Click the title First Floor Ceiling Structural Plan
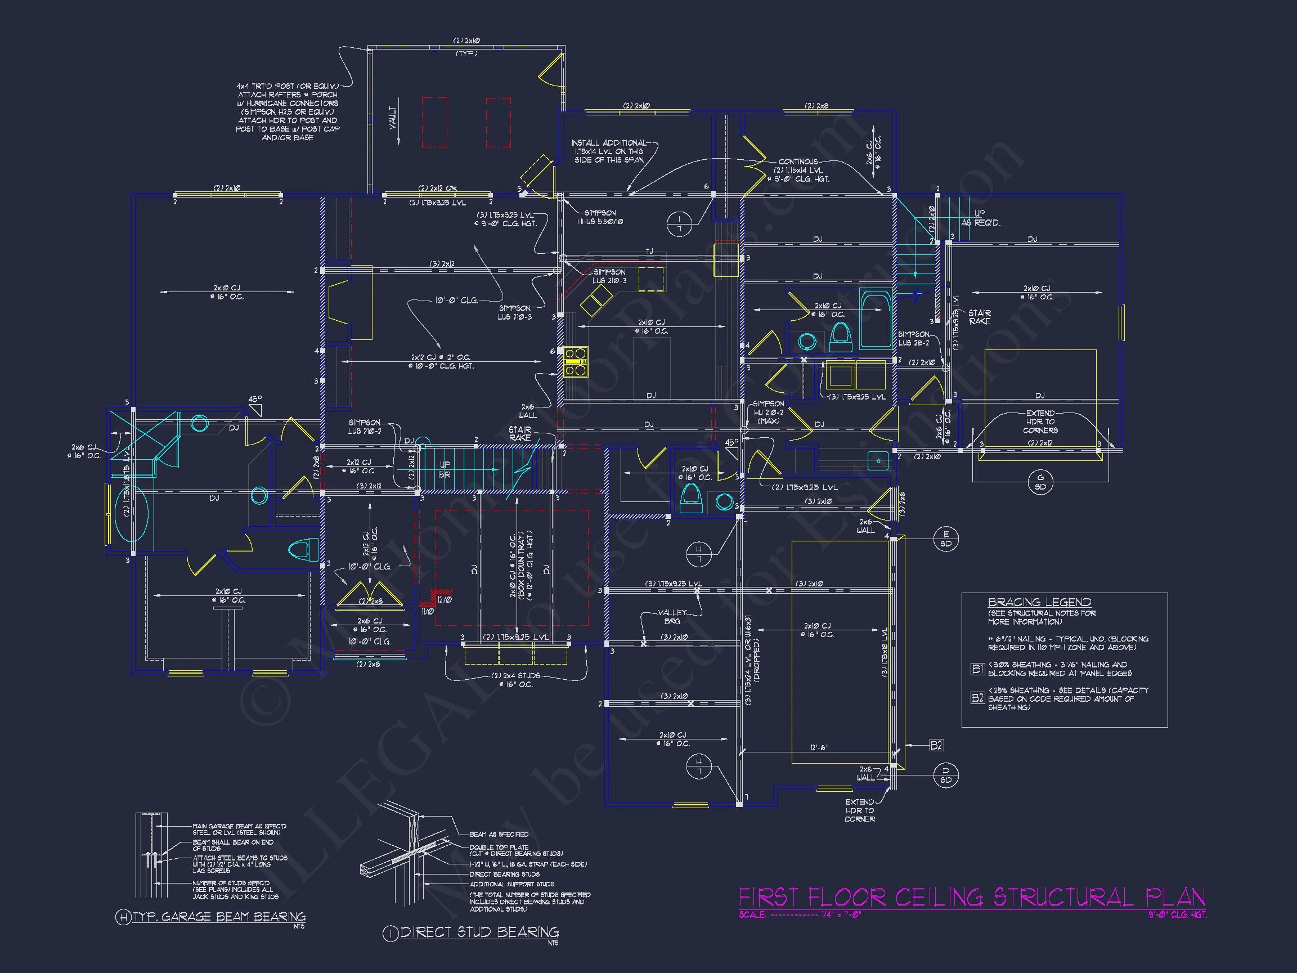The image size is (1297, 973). tap(972, 898)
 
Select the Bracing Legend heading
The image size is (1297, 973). tap(1039, 602)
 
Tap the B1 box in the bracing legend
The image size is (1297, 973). tap(977, 669)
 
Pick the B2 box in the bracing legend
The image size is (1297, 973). tap(977, 698)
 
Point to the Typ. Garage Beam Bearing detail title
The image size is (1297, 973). tap(218, 917)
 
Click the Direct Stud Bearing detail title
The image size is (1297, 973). tap(479, 932)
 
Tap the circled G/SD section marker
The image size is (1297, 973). tap(1041, 482)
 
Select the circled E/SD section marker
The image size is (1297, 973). tap(946, 539)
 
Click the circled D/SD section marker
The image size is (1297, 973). tap(946, 775)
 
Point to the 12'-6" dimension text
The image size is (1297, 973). tap(819, 748)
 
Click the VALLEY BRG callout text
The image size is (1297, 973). tap(672, 616)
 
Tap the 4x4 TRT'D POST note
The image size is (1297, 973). tap(288, 111)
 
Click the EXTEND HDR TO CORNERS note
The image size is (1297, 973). tap(1040, 422)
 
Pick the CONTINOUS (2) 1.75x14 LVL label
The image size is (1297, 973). tap(801, 170)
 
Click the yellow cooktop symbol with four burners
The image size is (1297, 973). tap(576, 361)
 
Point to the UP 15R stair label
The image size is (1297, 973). tap(445, 469)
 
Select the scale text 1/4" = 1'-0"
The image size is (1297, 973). tap(841, 914)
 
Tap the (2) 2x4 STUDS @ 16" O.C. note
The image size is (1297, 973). tap(516, 680)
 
